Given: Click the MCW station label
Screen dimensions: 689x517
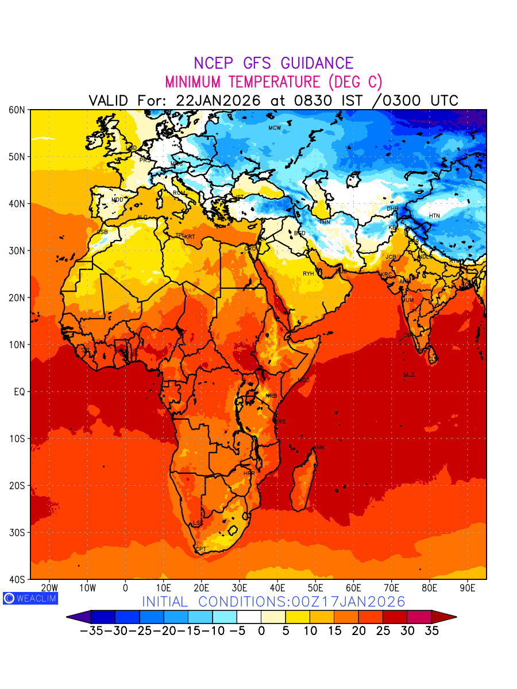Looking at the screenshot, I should coord(275,127).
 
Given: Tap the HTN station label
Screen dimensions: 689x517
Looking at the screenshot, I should coord(434,216).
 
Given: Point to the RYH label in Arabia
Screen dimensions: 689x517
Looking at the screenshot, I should coord(308,274).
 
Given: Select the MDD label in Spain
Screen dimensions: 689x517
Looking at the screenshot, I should coord(117,200).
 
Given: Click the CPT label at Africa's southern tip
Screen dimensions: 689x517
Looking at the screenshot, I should coord(200,549).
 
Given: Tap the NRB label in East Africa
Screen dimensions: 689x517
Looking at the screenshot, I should coord(271,396).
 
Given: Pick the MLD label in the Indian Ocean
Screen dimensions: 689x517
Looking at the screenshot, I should coord(409,375).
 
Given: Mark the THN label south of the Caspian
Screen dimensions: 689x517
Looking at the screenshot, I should coord(325,222).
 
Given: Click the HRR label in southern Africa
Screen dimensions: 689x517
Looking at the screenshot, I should coord(249,474).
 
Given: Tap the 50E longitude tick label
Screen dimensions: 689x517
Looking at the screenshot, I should coord(315,589).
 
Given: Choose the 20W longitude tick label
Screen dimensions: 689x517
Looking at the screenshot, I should coord(49,589).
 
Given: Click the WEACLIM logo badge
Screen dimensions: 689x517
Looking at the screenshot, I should coord(29,598).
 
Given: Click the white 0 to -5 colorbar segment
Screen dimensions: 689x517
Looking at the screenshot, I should coord(249,617).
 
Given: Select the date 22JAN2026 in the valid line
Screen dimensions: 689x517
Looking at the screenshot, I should coord(218,100).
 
